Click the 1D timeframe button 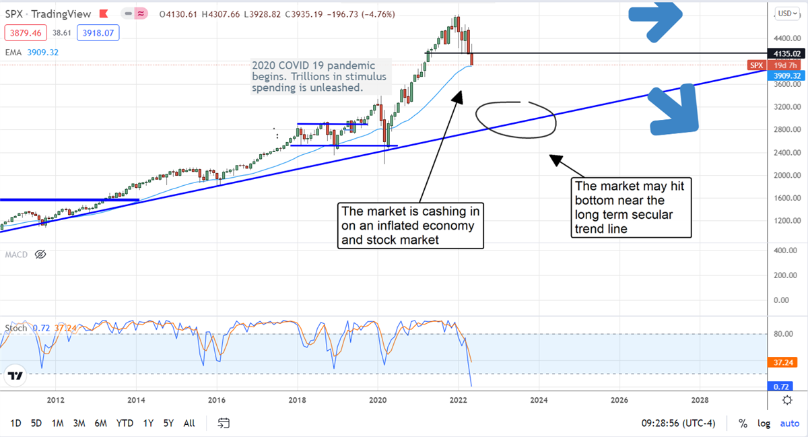click(x=15, y=424)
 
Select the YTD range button click(x=125, y=424)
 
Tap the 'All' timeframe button click(x=189, y=424)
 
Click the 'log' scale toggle click(x=764, y=424)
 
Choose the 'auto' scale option click(x=789, y=424)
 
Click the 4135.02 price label click(x=786, y=53)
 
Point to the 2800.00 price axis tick click(x=786, y=129)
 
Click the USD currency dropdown click(x=786, y=13)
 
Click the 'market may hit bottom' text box click(x=630, y=207)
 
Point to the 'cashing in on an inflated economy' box click(x=411, y=226)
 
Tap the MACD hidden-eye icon click(x=40, y=255)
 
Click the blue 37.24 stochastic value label click(x=785, y=362)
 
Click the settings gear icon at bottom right click(x=786, y=400)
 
